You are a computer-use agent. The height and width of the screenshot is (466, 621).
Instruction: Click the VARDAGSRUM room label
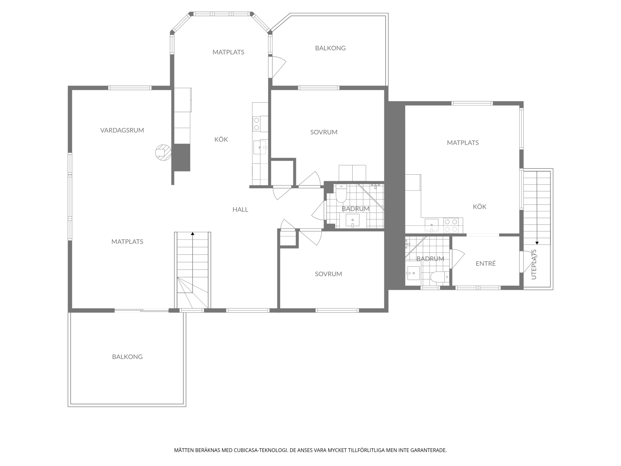point(122,130)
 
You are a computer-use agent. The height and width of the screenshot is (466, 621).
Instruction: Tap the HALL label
point(240,210)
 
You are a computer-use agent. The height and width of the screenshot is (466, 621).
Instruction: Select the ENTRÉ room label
point(485,263)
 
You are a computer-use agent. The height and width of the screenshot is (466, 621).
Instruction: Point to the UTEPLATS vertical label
point(534,264)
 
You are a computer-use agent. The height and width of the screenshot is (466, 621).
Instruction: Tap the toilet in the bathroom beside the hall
point(341,194)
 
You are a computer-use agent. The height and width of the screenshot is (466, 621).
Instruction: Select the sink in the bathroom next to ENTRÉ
point(413,273)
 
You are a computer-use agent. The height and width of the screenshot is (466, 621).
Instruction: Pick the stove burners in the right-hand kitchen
point(451,225)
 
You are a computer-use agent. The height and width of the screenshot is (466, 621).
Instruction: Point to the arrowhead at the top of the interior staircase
point(193,234)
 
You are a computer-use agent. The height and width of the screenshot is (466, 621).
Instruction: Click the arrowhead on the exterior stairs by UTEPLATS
point(537,243)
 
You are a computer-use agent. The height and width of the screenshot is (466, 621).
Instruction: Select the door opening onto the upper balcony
point(278,67)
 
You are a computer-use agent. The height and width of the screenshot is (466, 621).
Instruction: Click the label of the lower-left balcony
point(127,357)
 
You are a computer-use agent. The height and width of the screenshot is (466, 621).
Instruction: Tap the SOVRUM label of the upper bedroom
point(324,132)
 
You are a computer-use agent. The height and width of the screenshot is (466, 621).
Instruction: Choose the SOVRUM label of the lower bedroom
point(328,274)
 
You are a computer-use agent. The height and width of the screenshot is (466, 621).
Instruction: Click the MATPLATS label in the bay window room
point(228,52)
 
